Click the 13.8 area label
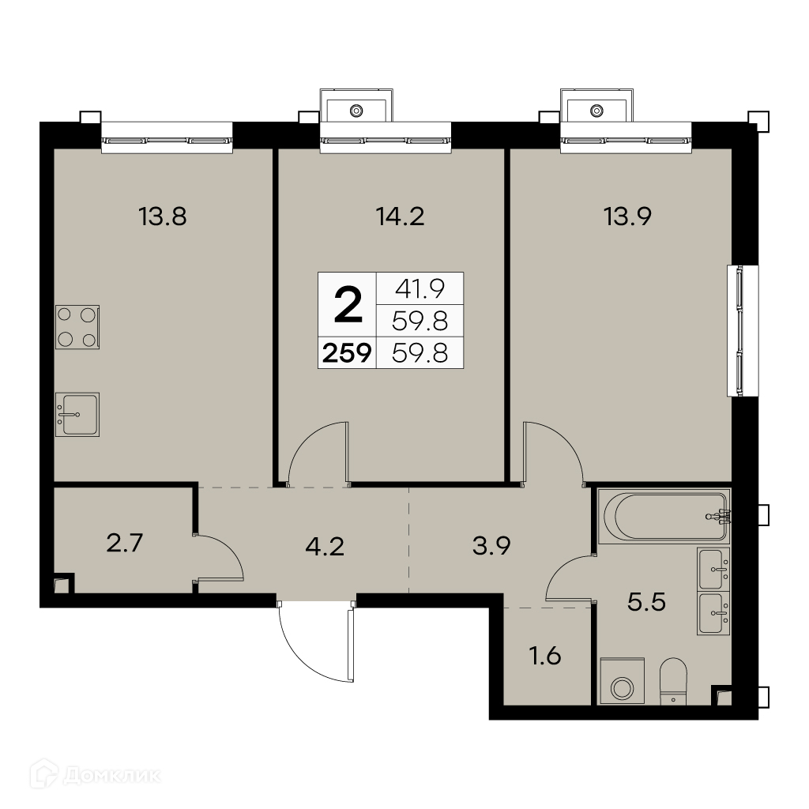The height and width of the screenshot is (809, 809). coord(162,216)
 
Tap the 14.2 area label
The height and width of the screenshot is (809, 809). coord(400,216)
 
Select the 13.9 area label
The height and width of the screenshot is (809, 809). coord(627,216)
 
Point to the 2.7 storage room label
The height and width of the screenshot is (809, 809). coord(124,544)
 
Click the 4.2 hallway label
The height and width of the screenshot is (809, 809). coord(325,547)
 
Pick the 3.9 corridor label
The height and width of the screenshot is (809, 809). coord(491,545)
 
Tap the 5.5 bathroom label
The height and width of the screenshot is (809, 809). coord(646,601)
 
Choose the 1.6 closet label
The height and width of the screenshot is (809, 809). coord(545,657)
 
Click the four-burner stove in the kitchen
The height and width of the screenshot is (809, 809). coord(77,327)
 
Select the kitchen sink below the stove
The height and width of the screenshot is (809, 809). coord(77,414)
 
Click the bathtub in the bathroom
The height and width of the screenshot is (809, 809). coord(664,517)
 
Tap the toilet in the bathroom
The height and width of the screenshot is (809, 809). coord(673,681)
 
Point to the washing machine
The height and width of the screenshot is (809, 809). coord(623,681)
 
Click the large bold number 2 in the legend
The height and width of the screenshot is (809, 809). coord(348,305)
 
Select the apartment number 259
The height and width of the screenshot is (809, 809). coord(348,353)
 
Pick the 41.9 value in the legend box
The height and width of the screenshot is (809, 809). coord(420,289)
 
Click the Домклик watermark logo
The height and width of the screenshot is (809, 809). coord(96,775)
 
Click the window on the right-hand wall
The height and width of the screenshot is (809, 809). coord(743,331)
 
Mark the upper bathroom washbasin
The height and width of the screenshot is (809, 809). coord(713,569)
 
